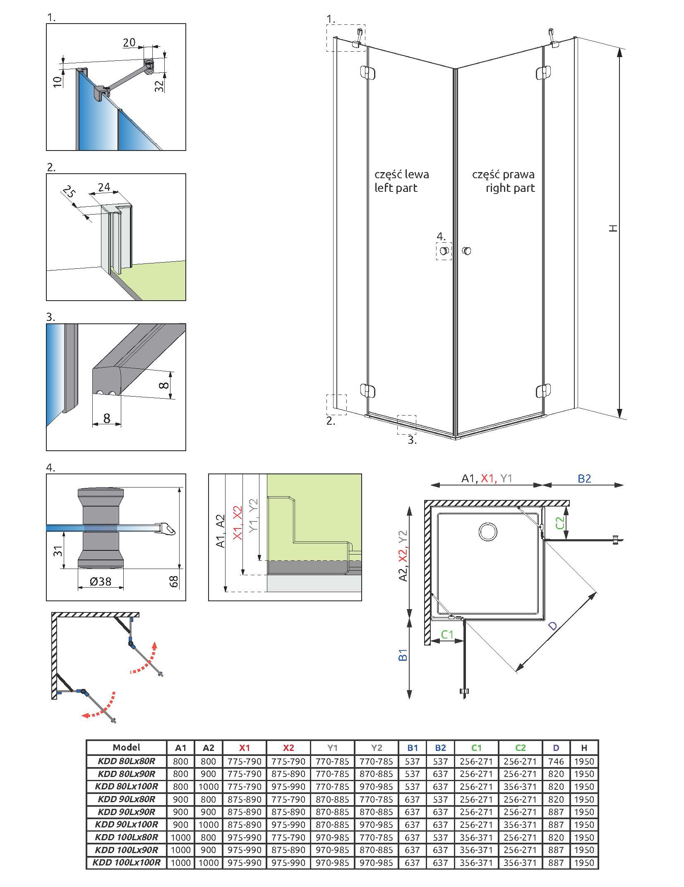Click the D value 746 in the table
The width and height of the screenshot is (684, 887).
556,761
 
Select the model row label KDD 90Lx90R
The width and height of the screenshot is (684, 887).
126,812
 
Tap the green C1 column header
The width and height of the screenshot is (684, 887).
476,748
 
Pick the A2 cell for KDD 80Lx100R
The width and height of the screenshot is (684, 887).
209,787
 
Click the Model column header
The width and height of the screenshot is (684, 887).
126,747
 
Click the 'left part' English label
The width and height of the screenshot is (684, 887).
396,188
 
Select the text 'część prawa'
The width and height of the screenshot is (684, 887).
503,175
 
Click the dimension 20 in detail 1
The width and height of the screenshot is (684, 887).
129,42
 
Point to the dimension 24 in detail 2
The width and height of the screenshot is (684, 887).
104,187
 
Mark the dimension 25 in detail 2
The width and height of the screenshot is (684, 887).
69,192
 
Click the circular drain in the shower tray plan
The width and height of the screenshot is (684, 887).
488,531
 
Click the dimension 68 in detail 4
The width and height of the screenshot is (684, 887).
174,581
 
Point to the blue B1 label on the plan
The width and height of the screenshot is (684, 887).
403,655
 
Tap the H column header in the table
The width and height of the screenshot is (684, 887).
584,748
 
